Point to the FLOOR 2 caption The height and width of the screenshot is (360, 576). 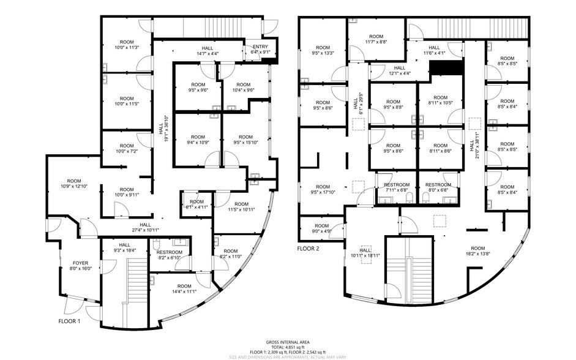point(309,249)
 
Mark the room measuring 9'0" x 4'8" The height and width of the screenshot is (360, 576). point(321,228)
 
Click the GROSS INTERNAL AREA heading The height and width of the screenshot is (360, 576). point(287,342)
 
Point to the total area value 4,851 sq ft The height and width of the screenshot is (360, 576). point(288,347)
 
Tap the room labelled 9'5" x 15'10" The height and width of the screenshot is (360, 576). point(245,140)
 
